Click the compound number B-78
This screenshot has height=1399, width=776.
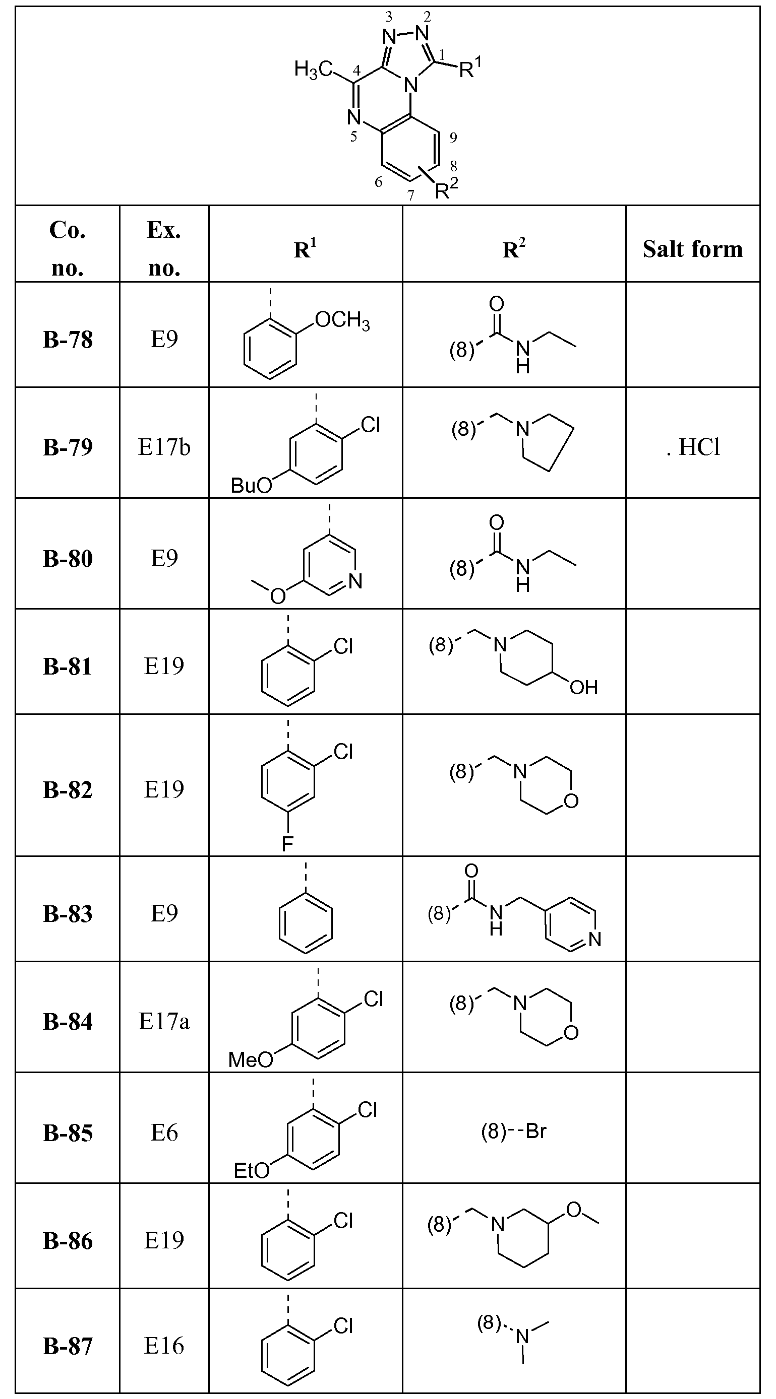pos(68,340)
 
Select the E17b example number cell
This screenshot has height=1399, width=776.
pos(164,447)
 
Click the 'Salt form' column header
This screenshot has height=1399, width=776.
pos(693,249)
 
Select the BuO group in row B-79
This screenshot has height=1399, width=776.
pos(251,485)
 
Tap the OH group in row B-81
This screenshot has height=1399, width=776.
pos(583,688)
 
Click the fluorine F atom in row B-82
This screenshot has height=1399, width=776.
pos(287,843)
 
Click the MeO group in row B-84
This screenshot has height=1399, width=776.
pos(251,1059)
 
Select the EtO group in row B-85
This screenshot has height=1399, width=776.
pos(252,1170)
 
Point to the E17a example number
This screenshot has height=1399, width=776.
pos(164,1022)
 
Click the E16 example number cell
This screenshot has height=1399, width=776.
pos(164,1345)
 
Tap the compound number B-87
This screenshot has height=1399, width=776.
pos(68,1346)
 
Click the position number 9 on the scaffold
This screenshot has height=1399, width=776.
pos(453,138)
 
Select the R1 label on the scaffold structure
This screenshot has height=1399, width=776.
pos(470,68)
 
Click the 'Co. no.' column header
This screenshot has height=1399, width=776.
pos(68,249)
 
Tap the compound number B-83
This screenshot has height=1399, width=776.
pos(68,914)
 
